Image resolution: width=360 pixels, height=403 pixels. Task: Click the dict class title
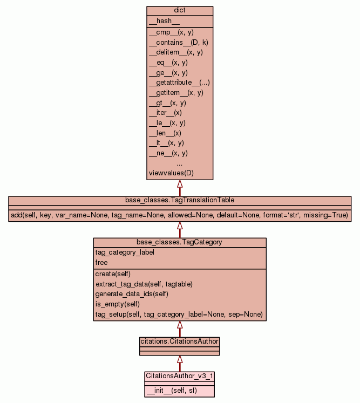(180, 11)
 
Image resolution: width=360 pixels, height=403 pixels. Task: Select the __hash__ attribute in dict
(160, 21)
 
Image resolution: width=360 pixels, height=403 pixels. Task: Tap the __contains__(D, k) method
(175, 42)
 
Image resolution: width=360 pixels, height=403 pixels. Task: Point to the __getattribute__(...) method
(179, 83)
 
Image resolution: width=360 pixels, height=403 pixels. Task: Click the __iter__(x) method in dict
(165, 113)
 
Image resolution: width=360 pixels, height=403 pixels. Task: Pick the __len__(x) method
(165, 133)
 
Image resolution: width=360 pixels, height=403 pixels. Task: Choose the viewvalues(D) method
(171, 173)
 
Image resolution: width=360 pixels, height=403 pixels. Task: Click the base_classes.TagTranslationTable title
(180, 200)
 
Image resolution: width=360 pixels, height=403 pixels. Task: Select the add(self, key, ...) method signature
(180, 215)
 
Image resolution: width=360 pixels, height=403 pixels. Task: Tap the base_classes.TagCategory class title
(180, 242)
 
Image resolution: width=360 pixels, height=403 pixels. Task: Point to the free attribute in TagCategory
(101, 263)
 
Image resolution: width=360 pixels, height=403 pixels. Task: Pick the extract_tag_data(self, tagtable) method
(144, 284)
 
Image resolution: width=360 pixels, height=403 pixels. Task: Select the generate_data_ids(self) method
(132, 294)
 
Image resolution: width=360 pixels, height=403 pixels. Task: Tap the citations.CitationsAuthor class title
(180, 341)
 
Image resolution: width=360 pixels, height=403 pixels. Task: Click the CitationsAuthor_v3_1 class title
(180, 375)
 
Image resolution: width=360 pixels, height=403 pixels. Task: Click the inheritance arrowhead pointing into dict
(180, 184)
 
